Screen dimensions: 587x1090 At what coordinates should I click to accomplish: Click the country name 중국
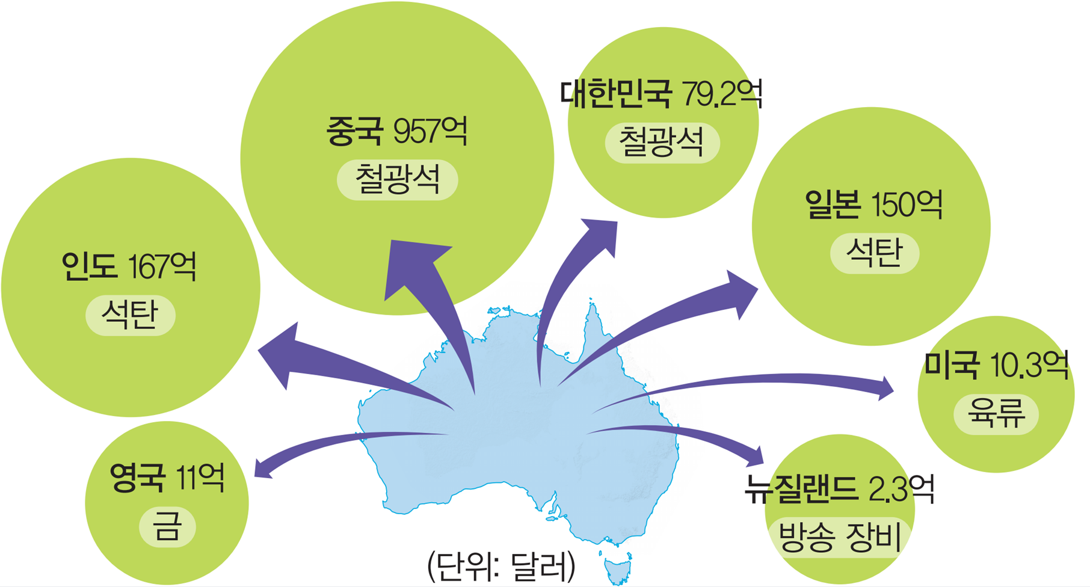pyautogui.click(x=354, y=131)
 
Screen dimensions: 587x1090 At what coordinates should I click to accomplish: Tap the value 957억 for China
pyautogui.click(x=430, y=131)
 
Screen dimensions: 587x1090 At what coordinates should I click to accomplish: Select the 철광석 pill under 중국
pyautogui.click(x=397, y=180)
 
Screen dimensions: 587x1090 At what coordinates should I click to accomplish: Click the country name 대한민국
pyautogui.click(x=615, y=93)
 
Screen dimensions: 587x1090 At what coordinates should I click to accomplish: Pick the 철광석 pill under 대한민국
pyautogui.click(x=662, y=143)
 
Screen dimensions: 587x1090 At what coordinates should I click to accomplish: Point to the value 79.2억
pyautogui.click(x=722, y=93)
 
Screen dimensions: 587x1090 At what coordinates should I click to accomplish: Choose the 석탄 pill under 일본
pyautogui.click(x=874, y=253)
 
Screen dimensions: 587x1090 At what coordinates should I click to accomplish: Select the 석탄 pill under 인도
pyautogui.click(x=130, y=315)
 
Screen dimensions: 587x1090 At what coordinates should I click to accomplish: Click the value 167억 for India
pyautogui.click(x=162, y=266)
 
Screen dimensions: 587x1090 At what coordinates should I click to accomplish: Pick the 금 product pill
pyautogui.click(x=167, y=527)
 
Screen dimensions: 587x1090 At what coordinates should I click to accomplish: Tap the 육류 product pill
pyautogui.click(x=996, y=414)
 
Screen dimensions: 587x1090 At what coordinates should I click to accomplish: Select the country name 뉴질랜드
pyautogui.click(x=800, y=489)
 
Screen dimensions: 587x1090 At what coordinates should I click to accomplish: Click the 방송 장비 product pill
pyautogui.click(x=840, y=536)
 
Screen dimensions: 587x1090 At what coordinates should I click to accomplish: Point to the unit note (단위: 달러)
pyautogui.click(x=501, y=566)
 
